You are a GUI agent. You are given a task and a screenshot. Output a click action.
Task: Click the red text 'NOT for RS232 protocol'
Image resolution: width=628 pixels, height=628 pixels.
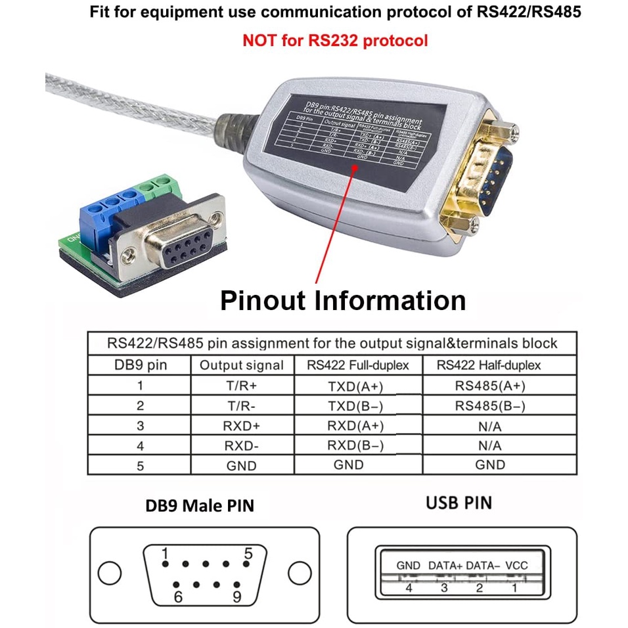click(x=335, y=40)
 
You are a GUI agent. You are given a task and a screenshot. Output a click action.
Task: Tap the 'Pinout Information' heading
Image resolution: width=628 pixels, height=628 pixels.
click(x=343, y=300)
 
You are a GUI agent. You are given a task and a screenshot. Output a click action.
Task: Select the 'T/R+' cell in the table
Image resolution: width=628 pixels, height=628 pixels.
click(x=241, y=386)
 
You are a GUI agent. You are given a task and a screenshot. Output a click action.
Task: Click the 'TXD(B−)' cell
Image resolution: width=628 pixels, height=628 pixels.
click(x=355, y=405)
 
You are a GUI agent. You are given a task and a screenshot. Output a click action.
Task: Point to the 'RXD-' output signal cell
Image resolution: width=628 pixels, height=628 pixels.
click(x=241, y=446)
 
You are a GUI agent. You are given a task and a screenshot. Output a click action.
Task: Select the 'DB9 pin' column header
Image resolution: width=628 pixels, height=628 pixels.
click(x=139, y=365)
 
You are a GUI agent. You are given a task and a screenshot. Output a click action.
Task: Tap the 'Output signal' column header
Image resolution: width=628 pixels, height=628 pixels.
click(x=241, y=365)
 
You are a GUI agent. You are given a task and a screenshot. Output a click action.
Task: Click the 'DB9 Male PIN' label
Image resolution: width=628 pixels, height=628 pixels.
click(x=200, y=505)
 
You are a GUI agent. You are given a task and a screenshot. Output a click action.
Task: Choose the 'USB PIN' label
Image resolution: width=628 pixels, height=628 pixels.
click(x=459, y=503)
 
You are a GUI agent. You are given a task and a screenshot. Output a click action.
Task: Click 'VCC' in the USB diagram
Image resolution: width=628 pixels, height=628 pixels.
click(x=516, y=565)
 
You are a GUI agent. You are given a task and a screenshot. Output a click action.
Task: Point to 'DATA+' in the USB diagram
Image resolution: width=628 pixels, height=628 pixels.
click(x=445, y=565)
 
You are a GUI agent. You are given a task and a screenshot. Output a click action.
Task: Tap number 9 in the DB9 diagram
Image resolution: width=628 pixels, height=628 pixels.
click(x=236, y=596)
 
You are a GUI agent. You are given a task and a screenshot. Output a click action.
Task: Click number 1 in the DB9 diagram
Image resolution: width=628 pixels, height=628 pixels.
click(x=166, y=552)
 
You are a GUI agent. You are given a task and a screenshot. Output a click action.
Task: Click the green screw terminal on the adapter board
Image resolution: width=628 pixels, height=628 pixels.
click(x=155, y=188)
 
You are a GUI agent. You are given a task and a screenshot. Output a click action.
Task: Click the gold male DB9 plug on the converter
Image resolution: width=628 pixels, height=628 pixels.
click(x=487, y=176)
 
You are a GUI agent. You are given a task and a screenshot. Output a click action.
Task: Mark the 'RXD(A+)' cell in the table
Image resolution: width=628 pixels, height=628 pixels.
click(x=355, y=426)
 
